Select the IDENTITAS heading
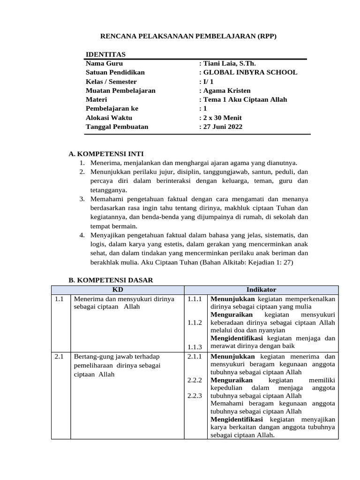click(x=105, y=54)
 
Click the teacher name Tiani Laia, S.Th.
click(x=227, y=63)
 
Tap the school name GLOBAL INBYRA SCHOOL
click(x=248, y=72)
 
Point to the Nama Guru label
click(x=104, y=63)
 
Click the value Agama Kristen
click(x=225, y=90)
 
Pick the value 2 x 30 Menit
click(x=220, y=118)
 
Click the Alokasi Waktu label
click(x=109, y=118)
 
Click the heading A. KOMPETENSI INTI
click(x=106, y=154)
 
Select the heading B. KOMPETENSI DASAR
click(x=111, y=280)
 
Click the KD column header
click(x=117, y=290)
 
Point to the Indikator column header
click(x=261, y=290)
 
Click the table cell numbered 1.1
click(x=59, y=299)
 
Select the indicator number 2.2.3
click(x=194, y=396)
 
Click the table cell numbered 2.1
click(x=59, y=357)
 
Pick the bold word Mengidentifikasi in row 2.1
click(x=237, y=419)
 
